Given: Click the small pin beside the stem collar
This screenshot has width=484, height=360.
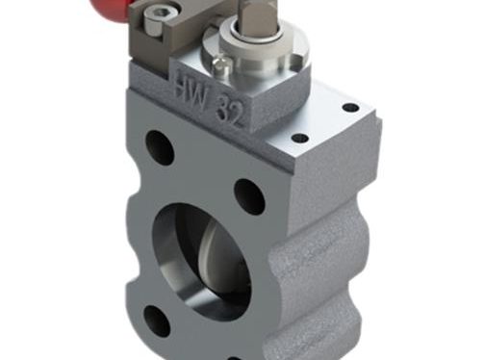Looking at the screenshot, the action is coord(221,65).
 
